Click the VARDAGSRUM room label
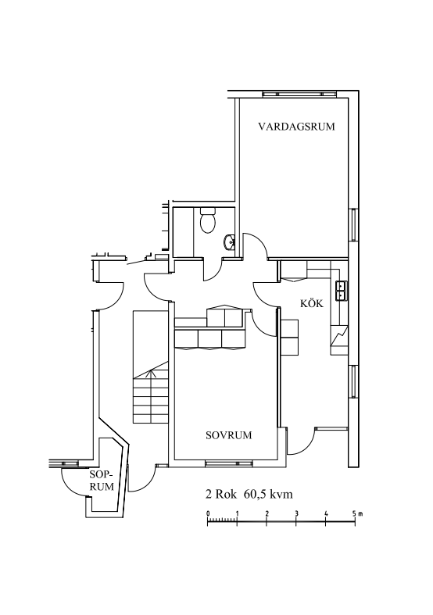coord(296,127)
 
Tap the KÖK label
coord(312,302)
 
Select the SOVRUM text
coord(229,435)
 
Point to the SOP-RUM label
coord(101,481)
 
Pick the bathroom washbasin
coord(229,242)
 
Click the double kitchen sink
coord(342,291)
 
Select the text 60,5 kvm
coord(268,494)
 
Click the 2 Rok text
coord(221,494)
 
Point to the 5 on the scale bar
coord(354,513)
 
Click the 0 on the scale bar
coord(208,513)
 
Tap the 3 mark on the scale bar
coord(296,513)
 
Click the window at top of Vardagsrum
coord(299,94)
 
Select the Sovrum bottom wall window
coord(229,463)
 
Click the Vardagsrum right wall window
coord(354,225)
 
